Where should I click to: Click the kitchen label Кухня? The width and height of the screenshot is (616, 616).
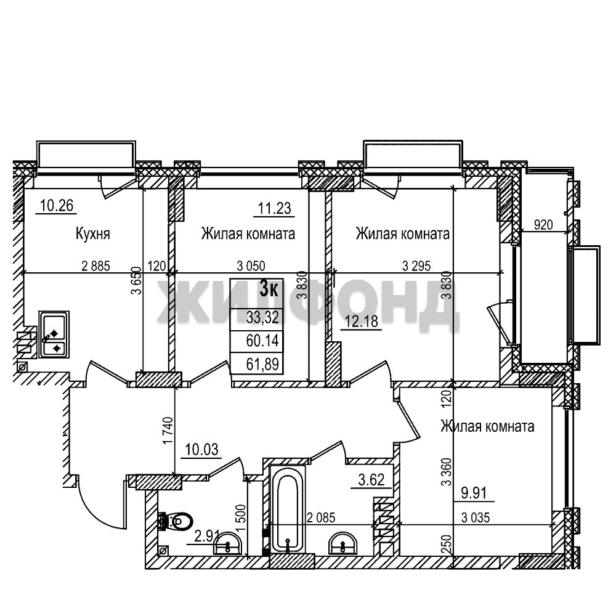pyautogui.click(x=93, y=233)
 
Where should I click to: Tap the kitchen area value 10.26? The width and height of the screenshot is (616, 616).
pyautogui.click(x=57, y=206)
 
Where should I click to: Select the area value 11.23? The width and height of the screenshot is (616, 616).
pyautogui.click(x=275, y=208)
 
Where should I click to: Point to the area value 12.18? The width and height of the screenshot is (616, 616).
pyautogui.click(x=362, y=322)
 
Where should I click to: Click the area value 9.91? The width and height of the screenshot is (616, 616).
pyautogui.click(x=474, y=493)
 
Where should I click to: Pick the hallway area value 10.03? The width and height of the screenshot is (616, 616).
pyautogui.click(x=202, y=450)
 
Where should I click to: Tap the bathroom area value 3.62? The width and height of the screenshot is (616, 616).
pyautogui.click(x=371, y=480)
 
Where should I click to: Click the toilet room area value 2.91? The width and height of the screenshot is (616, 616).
pyautogui.click(x=207, y=537)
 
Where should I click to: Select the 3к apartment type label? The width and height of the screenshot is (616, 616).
pyautogui.click(x=269, y=290)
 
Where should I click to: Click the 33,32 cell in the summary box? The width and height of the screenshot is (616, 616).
pyautogui.click(x=262, y=317)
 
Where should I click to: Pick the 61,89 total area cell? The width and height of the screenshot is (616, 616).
pyautogui.click(x=262, y=364)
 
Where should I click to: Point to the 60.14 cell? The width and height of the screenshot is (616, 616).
pyautogui.click(x=262, y=341)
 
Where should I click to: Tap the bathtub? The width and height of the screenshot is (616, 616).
pyautogui.click(x=288, y=509)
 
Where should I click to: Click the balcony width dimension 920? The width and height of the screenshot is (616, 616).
pyautogui.click(x=543, y=225)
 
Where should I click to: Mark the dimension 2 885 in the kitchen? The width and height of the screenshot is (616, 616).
pyautogui.click(x=96, y=266)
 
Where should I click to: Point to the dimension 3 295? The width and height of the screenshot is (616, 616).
pyautogui.click(x=416, y=266)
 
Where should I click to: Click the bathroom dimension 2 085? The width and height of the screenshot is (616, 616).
pyautogui.click(x=321, y=518)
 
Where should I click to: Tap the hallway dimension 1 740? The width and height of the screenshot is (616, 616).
pyautogui.click(x=168, y=431)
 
